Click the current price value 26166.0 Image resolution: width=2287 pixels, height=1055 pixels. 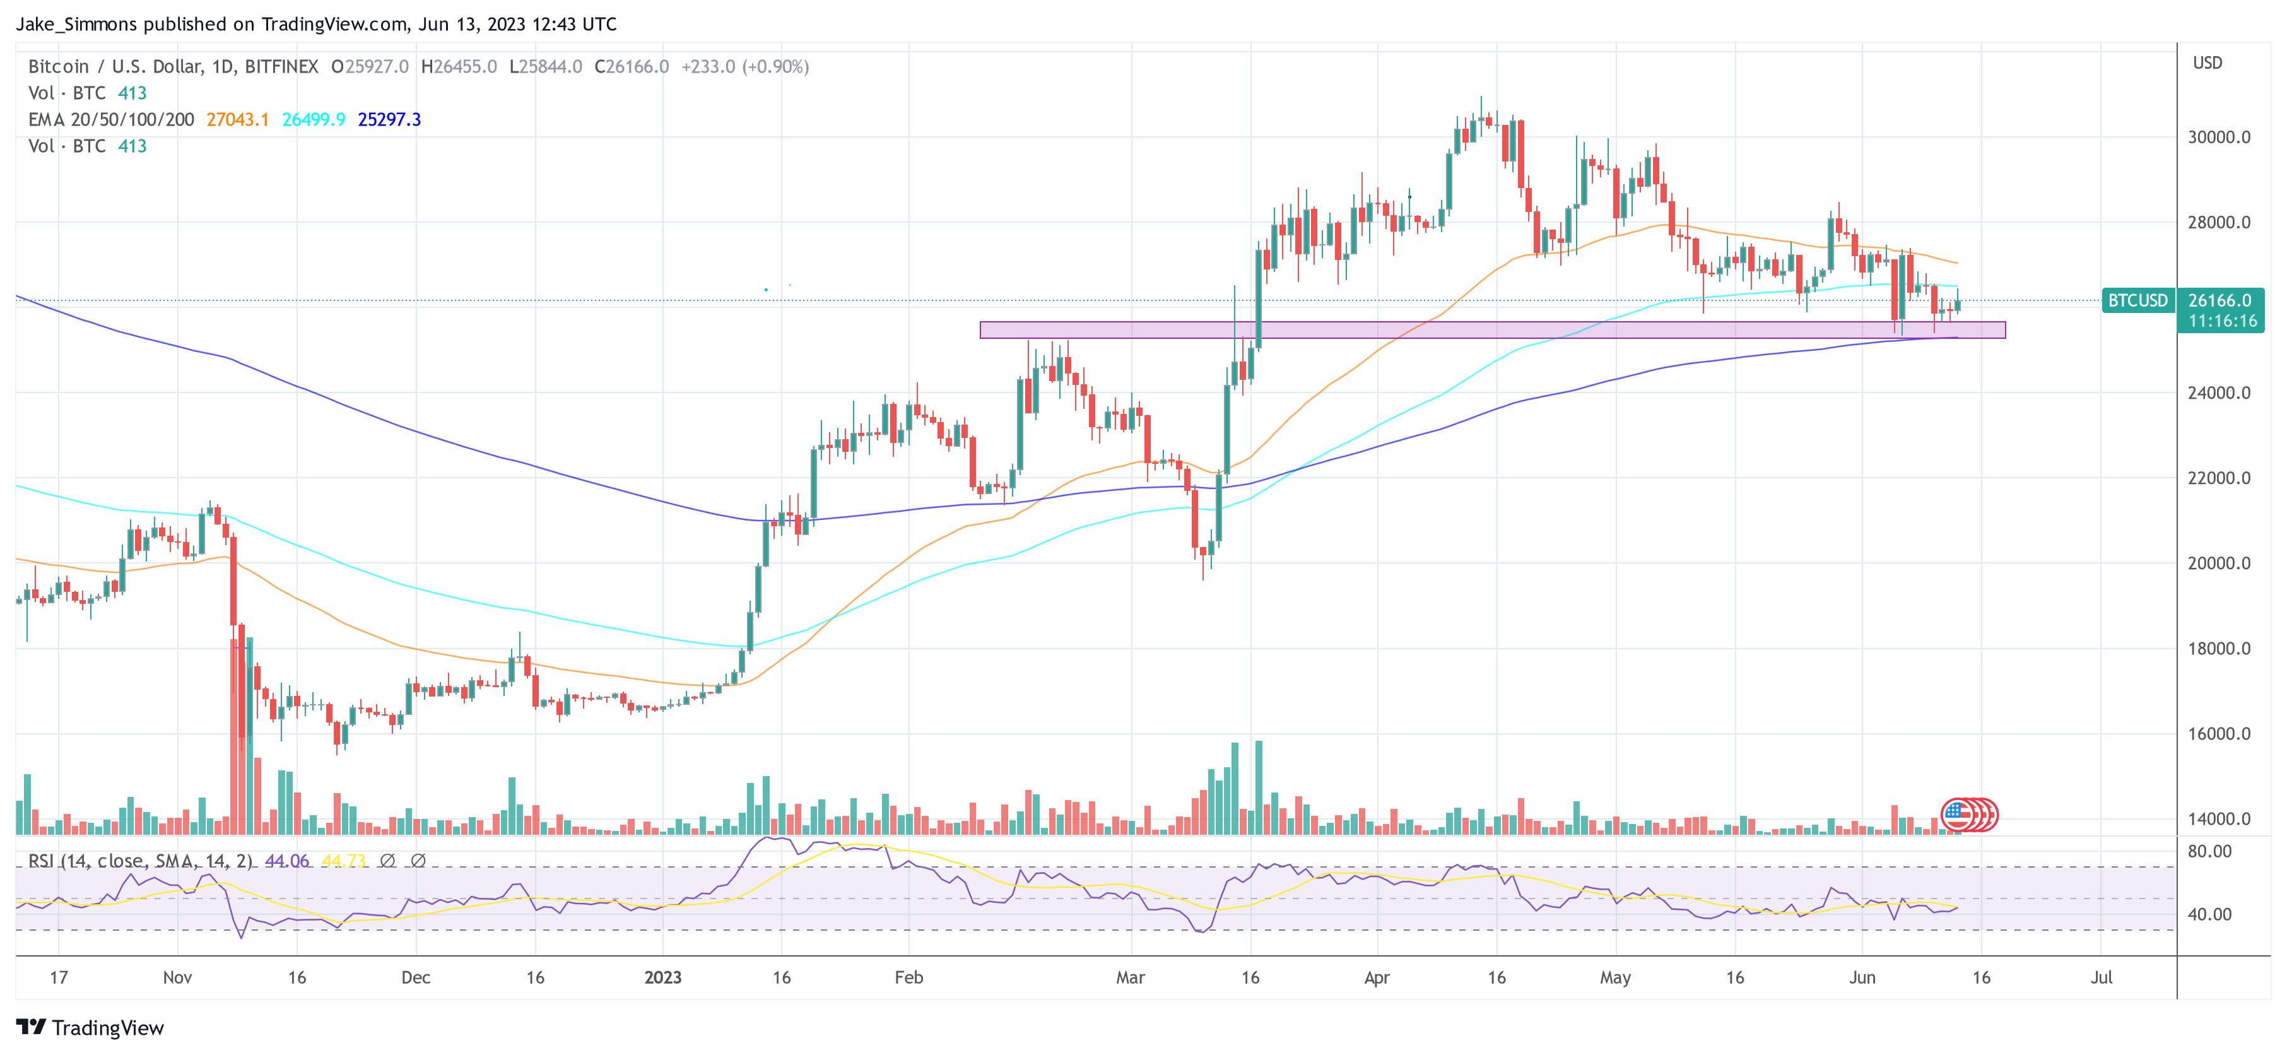pos(2219,301)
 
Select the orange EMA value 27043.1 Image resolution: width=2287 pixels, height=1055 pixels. pos(237,120)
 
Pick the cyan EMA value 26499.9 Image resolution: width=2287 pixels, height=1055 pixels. pos(314,120)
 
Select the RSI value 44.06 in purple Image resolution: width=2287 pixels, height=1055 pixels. pos(287,861)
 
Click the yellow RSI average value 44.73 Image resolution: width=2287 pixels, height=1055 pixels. pos(344,861)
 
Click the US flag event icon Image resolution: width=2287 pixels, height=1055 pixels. pos(1956,813)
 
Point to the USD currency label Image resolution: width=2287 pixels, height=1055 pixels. pos(2207,63)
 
